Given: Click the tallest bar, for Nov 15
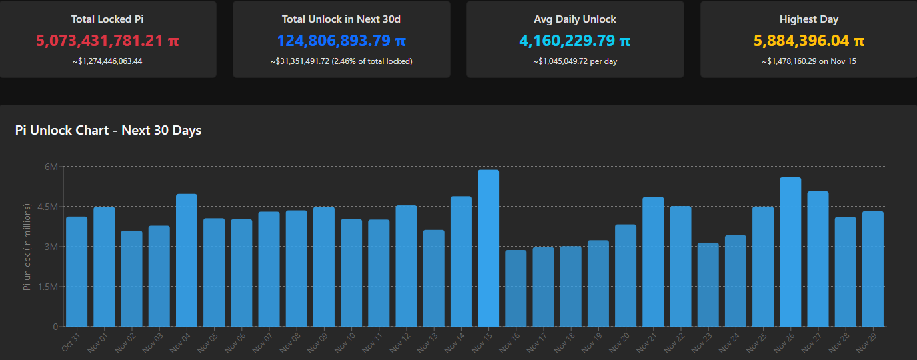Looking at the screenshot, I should [x=488, y=248].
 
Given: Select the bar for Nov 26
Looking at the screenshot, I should [x=790, y=252].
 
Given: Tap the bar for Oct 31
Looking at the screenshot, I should [x=77, y=271].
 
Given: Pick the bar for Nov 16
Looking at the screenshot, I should [x=516, y=288].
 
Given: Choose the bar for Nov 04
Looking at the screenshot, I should [x=187, y=260].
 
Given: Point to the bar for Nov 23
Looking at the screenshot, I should [x=708, y=285].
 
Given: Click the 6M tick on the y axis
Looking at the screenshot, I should [x=51, y=167].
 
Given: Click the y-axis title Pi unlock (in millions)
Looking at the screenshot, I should [x=27, y=247].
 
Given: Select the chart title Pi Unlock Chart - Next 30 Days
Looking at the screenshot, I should [x=108, y=131].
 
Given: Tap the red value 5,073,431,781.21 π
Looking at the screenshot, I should [x=107, y=41].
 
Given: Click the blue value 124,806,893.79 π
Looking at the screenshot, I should [x=341, y=41].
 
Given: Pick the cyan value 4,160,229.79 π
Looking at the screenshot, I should [x=575, y=41].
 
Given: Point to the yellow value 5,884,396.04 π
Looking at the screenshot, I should [x=809, y=41].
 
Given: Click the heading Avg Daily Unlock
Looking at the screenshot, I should [x=575, y=19].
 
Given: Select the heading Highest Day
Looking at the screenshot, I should [x=809, y=19].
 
